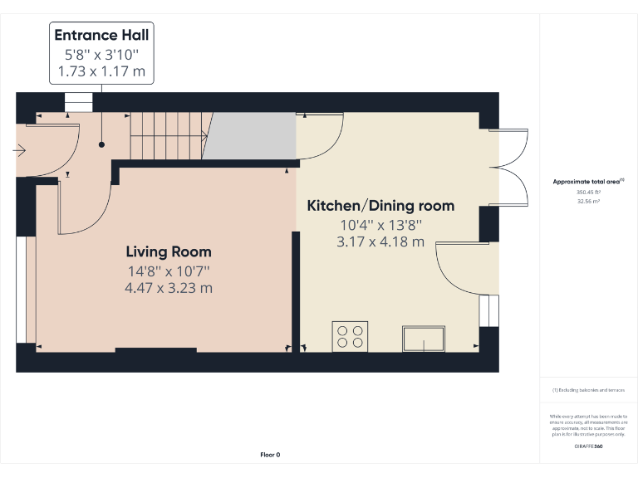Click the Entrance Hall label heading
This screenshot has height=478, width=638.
(101, 35)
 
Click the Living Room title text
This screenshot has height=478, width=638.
(169, 251)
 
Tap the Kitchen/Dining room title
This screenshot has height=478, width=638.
(380, 206)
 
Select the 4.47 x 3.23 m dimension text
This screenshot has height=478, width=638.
(169, 288)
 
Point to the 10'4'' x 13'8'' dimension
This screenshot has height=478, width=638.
(380, 224)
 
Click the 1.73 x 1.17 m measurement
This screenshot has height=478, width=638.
(101, 72)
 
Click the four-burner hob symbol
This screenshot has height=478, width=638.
(350, 335)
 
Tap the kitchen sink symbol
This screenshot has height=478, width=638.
(425, 339)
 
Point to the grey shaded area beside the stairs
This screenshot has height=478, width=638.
(251, 136)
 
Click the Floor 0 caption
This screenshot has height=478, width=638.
(270, 455)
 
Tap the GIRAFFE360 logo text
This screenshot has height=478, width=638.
(589, 446)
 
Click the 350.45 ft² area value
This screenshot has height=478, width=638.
(588, 193)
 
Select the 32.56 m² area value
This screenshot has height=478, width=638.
(588, 201)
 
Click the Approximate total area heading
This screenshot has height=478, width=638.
(588, 181)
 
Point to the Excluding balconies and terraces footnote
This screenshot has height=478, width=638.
(588, 389)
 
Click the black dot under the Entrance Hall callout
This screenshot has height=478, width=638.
(101, 144)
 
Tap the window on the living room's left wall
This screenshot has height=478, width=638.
(22, 290)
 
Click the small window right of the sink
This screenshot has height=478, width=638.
(490, 310)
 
